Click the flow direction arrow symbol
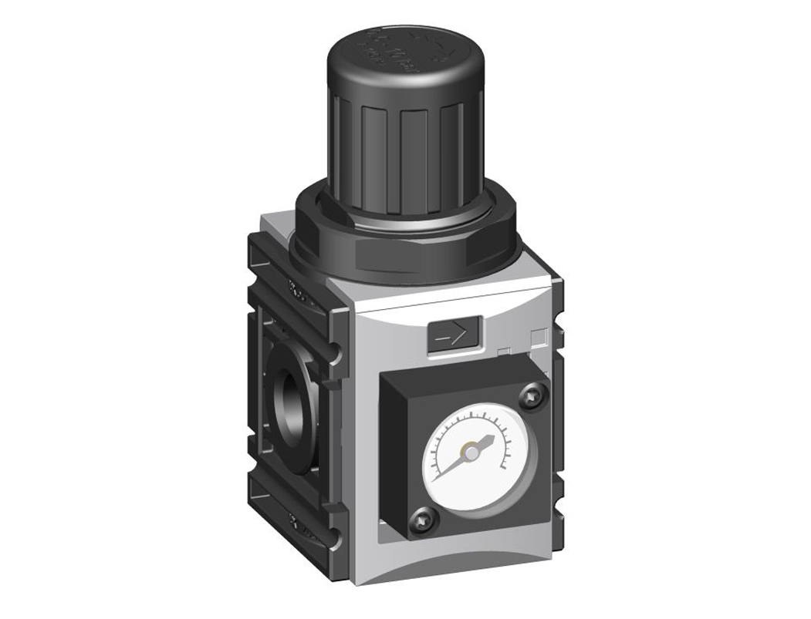point(452,335)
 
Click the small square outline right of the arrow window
point(539,336)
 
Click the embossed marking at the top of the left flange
point(296,292)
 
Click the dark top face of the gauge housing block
point(463,366)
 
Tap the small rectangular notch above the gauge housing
point(503,352)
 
